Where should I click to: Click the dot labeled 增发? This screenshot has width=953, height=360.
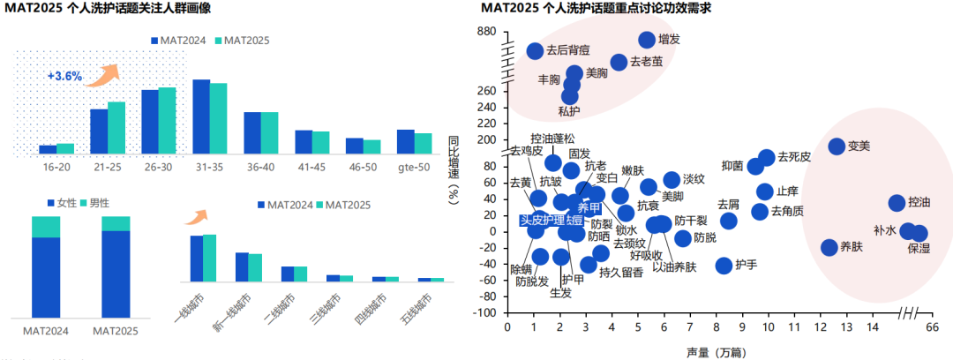(647, 40)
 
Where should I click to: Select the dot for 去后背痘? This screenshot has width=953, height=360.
(535, 51)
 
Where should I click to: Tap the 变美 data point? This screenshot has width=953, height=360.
(837, 146)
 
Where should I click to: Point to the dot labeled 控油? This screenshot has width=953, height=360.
(897, 203)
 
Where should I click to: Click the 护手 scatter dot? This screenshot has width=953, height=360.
(724, 266)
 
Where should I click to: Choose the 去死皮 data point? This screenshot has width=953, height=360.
(767, 158)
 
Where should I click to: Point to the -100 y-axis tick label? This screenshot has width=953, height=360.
(484, 313)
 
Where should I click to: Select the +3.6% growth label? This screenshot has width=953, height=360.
(64, 77)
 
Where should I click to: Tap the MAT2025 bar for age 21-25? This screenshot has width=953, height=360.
(116, 128)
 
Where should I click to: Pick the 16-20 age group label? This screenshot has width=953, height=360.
(56, 167)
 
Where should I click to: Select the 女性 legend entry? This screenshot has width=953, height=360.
(61, 203)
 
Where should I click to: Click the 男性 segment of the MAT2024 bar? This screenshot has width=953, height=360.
(46, 227)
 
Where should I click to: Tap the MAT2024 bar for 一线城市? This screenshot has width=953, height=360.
(197, 257)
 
